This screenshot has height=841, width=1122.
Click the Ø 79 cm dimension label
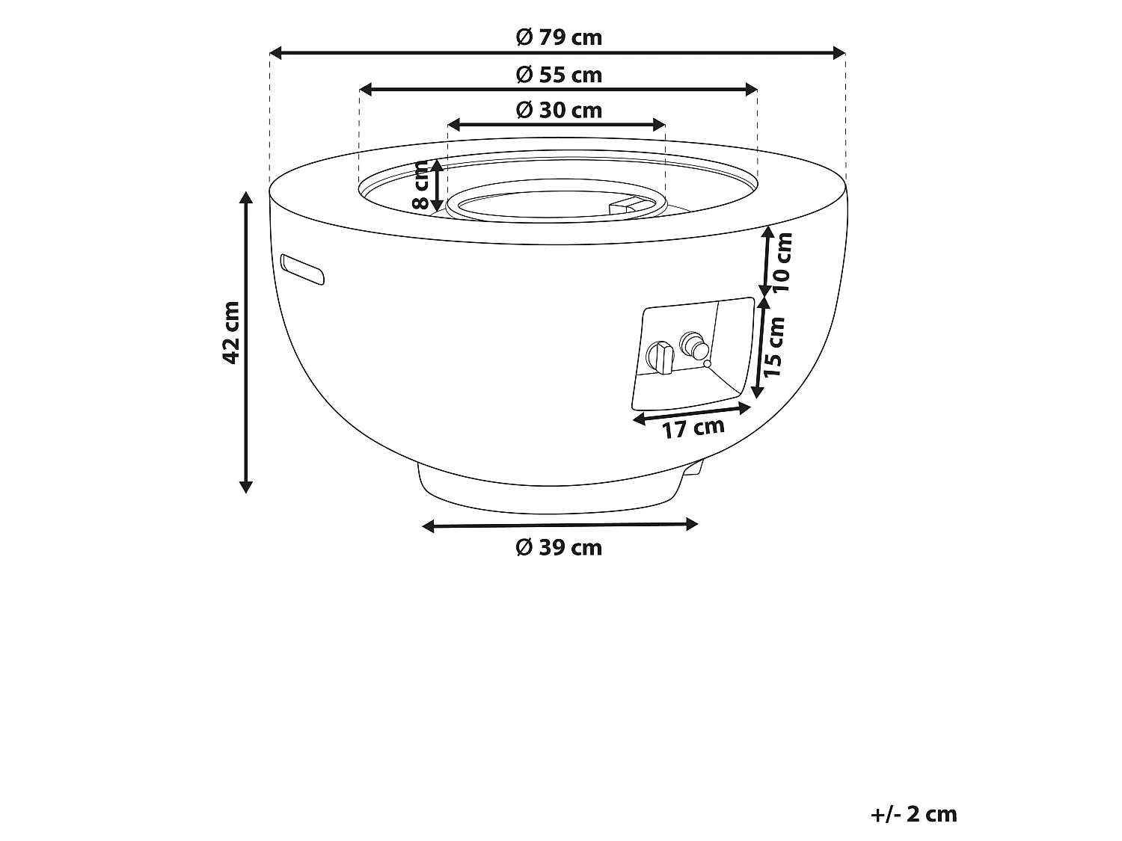pos(559,37)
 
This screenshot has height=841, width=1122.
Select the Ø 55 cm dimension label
pos(559,75)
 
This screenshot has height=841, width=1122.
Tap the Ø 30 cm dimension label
pos(559,111)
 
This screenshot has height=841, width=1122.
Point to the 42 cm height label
pos(231,333)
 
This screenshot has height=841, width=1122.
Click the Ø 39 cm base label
pos(559,547)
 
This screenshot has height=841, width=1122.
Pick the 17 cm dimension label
pos(693,428)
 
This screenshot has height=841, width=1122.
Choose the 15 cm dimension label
pos(773,347)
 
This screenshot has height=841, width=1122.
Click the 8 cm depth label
pos(420,185)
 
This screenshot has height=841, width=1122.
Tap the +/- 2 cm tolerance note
pos(913,814)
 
